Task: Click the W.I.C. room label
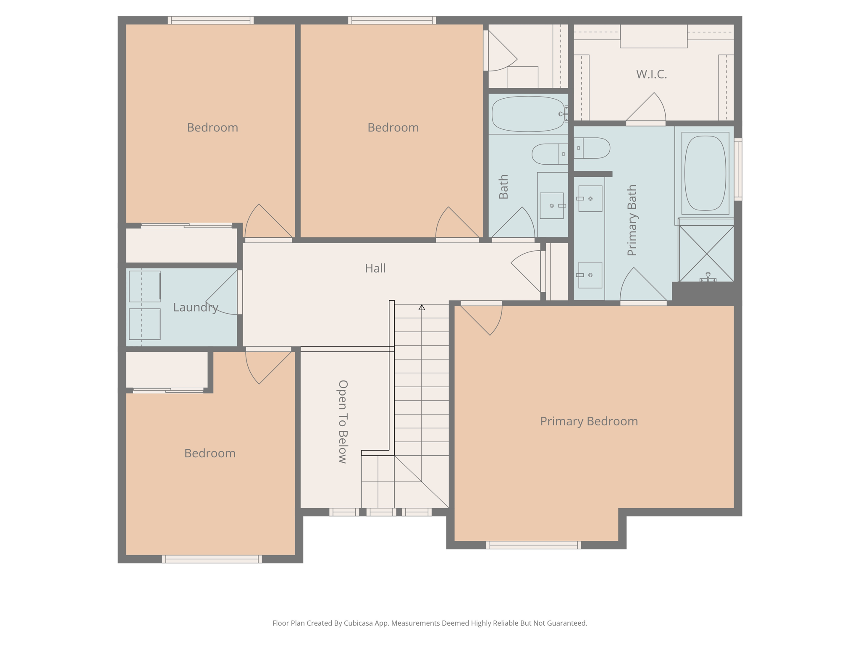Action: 651,74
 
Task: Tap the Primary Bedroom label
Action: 589,421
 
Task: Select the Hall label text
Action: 375,268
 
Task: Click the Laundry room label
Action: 196,307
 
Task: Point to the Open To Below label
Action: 343,422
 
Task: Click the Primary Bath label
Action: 632,220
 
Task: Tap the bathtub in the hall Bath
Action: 528,114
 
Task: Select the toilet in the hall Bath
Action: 550,154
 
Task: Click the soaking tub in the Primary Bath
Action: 705,173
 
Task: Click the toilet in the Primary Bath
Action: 592,148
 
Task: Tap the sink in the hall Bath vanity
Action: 552,206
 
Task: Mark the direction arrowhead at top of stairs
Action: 422,307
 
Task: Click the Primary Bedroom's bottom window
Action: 534,545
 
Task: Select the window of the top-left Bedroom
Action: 210,20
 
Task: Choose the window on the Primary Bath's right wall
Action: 738,169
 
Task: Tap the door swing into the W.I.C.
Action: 646,107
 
